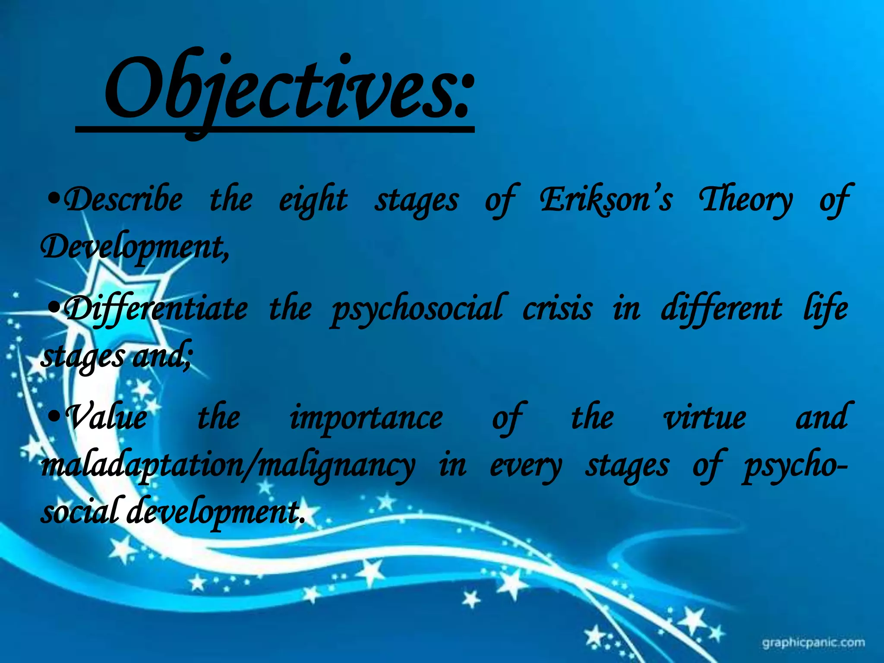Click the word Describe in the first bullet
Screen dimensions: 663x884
(123, 199)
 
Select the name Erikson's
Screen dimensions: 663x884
(605, 199)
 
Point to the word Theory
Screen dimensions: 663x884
(745, 200)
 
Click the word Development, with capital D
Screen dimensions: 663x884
(134, 248)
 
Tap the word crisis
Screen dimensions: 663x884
(557, 309)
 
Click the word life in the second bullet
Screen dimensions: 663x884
(825, 308)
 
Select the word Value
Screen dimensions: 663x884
(108, 418)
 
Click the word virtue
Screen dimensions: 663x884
(704, 418)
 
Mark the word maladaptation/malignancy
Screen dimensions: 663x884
(227, 466)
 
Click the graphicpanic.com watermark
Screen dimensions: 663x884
(813, 643)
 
